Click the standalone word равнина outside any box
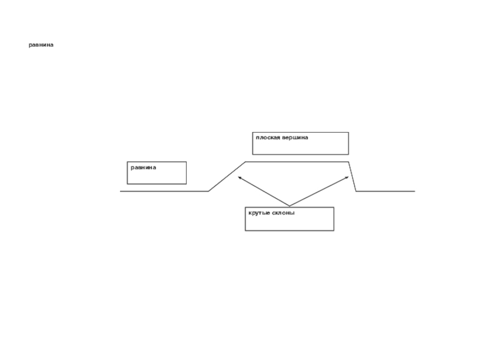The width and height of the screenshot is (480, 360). pyautogui.click(x=41, y=45)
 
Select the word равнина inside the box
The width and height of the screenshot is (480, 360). pyautogui.click(x=143, y=167)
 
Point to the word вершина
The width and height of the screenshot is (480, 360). pyautogui.click(x=295, y=137)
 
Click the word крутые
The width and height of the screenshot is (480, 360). pyautogui.click(x=259, y=213)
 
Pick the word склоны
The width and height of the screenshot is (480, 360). pyautogui.click(x=283, y=213)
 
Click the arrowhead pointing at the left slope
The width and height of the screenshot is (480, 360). pyautogui.click(x=239, y=178)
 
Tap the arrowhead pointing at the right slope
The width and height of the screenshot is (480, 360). pyautogui.click(x=347, y=178)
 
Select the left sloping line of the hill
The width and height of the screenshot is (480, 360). pyautogui.click(x=227, y=176)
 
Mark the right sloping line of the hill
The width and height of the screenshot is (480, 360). pyautogui.click(x=353, y=176)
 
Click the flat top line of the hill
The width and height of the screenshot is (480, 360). pyautogui.click(x=297, y=162)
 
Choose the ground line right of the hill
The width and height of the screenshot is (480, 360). pyautogui.click(x=385, y=191)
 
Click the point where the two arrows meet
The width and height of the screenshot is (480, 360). pyautogui.click(x=290, y=206)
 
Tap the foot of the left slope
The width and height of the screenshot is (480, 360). pyautogui.click(x=209, y=191)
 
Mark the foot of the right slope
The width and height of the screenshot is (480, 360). pyautogui.click(x=356, y=191)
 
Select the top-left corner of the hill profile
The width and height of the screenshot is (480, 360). pyautogui.click(x=245, y=162)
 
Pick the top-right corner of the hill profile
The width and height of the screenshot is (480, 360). pyautogui.click(x=349, y=162)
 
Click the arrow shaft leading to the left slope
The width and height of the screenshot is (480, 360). pyautogui.click(x=264, y=192)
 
